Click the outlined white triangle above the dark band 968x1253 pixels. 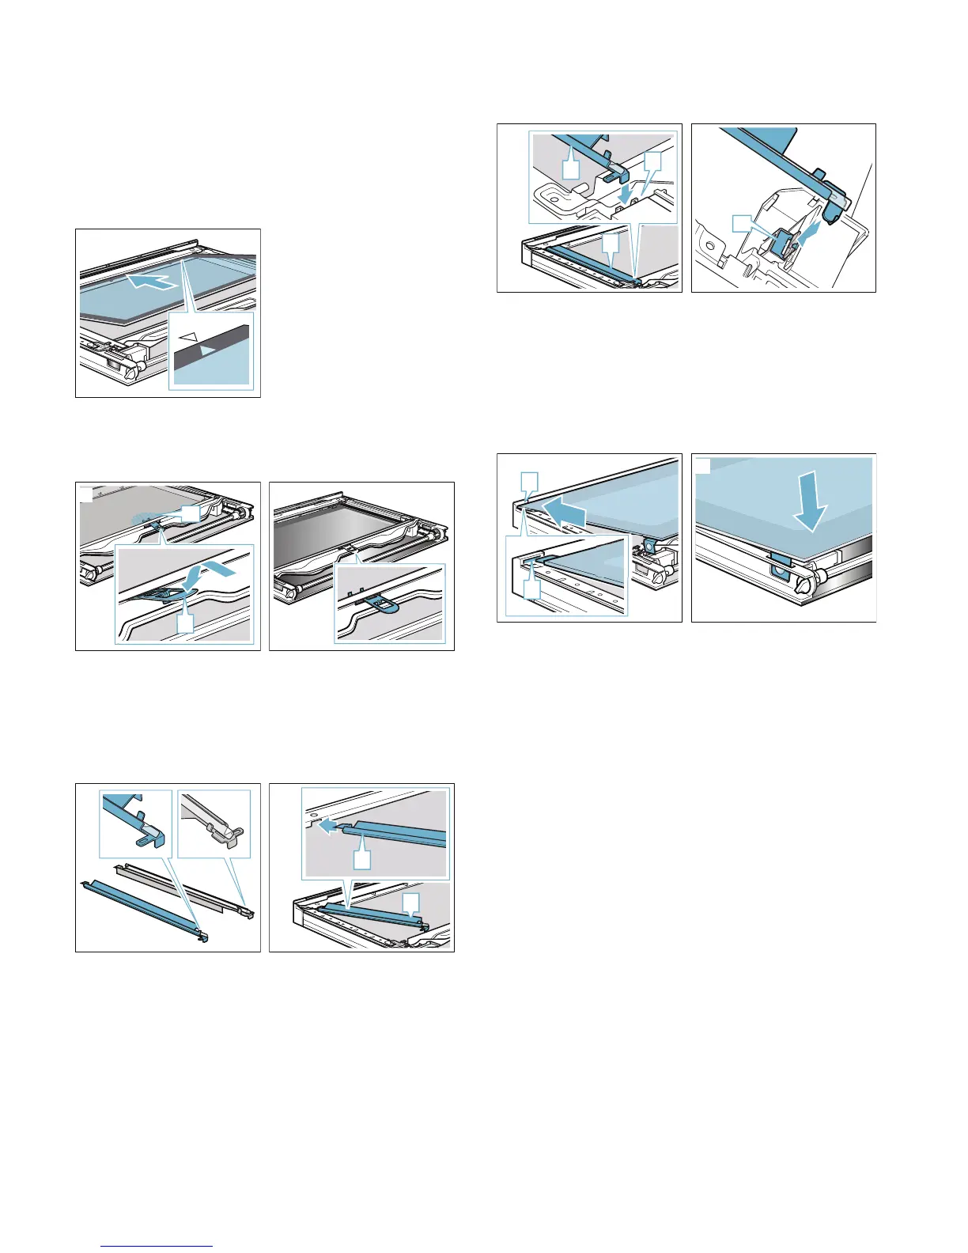(x=187, y=336)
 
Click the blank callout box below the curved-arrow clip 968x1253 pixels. (x=184, y=623)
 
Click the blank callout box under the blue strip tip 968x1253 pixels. (x=361, y=859)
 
